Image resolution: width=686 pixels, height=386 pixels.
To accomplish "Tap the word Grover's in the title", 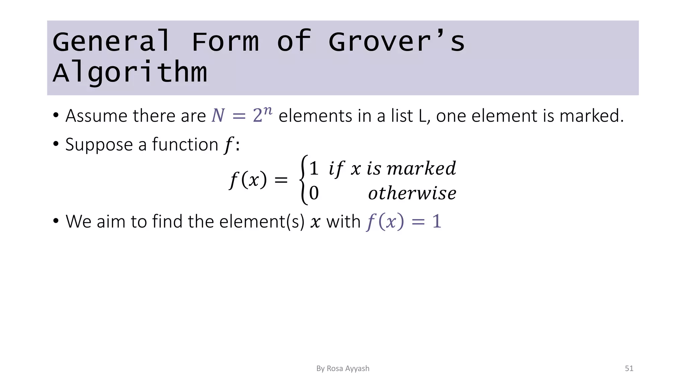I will [x=397, y=42].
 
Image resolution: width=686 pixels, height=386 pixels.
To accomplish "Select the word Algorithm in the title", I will [x=130, y=72].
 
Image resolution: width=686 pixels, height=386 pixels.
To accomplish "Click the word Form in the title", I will [x=225, y=42].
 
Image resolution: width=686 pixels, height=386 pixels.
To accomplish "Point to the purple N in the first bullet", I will [x=218, y=116].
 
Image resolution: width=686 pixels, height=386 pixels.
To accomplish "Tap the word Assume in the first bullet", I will [x=96, y=116].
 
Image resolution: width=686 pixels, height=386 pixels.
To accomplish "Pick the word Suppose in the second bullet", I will [x=99, y=145].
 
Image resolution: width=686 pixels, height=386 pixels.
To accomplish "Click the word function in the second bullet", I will [x=185, y=145].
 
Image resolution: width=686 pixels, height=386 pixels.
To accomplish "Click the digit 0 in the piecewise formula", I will [x=314, y=193].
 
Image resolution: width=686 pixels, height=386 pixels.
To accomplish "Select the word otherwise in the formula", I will [x=412, y=193].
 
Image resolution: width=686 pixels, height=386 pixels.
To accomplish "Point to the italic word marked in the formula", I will [x=421, y=168].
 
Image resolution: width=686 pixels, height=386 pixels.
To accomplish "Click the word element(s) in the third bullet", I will [x=262, y=221].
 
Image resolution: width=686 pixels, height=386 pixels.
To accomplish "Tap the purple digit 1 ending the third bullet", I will [x=436, y=221].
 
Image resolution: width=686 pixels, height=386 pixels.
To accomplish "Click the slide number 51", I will [x=629, y=369].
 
